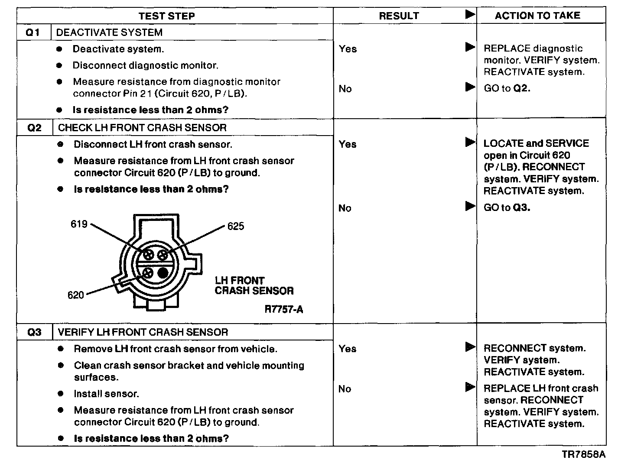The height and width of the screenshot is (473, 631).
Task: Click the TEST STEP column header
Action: click(166, 16)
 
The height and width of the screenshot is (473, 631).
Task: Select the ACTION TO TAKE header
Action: click(537, 16)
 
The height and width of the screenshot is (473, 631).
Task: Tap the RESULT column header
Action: click(399, 16)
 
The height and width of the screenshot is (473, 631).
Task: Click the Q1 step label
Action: click(33, 32)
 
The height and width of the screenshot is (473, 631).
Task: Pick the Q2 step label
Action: click(34, 128)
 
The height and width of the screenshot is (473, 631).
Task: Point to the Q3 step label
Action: click(34, 332)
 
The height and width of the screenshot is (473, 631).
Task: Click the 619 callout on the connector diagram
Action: click(79, 224)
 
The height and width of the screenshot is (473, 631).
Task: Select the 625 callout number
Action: click(236, 226)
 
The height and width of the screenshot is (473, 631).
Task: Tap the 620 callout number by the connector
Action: click(75, 295)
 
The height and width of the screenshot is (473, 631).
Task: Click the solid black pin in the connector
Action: click(163, 272)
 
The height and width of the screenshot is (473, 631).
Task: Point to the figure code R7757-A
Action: click(284, 309)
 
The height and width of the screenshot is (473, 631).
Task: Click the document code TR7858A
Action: click(583, 454)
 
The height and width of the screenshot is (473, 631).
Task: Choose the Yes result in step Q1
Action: click(348, 49)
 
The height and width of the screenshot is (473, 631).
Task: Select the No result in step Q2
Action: click(345, 208)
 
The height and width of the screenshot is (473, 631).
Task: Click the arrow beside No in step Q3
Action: click(470, 387)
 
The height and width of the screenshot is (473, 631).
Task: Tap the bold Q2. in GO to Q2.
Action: click(522, 88)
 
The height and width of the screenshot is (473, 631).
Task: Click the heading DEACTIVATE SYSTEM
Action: click(109, 32)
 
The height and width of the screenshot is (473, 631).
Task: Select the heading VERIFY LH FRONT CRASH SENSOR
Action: click(143, 332)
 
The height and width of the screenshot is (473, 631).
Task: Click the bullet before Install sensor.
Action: click(61, 394)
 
